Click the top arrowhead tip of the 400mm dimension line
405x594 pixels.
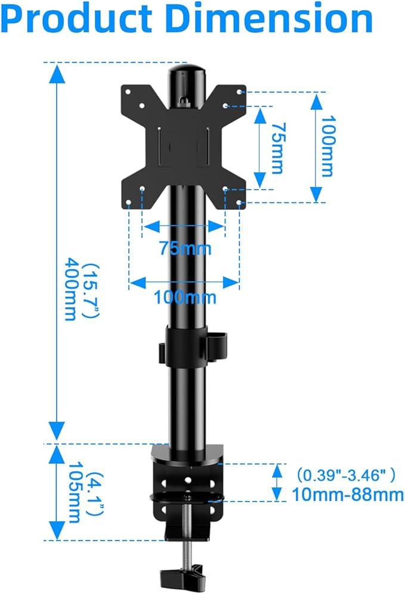point(57,65)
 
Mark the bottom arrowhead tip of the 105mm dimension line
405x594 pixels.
point(57,540)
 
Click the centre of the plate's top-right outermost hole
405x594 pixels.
point(239,92)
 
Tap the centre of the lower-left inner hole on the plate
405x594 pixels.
point(143,188)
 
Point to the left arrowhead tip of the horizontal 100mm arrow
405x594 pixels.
point(129,282)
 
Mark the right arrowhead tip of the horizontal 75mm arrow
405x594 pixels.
point(225,227)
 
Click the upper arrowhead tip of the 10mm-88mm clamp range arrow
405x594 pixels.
point(277,465)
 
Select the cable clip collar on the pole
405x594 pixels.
point(193,345)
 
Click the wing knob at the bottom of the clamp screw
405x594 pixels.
point(181,576)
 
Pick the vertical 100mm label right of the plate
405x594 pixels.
point(327,146)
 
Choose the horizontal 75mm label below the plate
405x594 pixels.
point(186,249)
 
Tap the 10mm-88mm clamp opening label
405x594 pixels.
point(348,495)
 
